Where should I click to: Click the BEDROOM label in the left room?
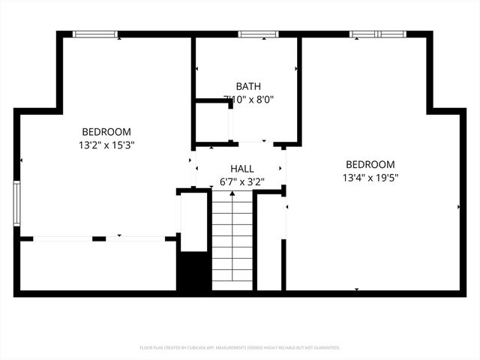106,130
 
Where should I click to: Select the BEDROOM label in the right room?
370,164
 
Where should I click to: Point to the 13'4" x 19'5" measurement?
370,178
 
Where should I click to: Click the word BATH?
248,86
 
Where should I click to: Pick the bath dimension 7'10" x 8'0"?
248,99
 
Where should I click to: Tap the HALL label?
241,169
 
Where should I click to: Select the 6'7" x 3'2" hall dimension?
241,181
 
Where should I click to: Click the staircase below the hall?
232,240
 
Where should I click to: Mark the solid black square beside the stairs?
193,272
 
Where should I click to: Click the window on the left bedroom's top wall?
95,34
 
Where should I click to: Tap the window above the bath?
258,34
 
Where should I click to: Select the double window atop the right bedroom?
376,34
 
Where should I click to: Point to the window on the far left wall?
16,202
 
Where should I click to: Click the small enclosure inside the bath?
212,121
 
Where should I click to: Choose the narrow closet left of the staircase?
193,222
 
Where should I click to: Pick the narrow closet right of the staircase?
269,241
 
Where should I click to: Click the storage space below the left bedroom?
97,265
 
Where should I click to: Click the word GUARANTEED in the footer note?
325,348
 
